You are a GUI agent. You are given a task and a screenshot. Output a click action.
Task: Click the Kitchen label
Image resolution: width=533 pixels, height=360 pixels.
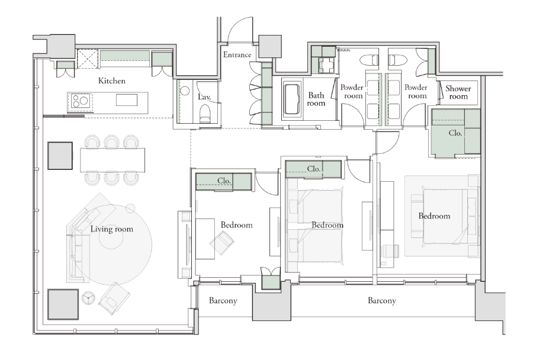pyautogui.click(x=112, y=81)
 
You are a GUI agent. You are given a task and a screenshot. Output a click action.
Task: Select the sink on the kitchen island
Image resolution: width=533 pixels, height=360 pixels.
pyautogui.click(x=127, y=100)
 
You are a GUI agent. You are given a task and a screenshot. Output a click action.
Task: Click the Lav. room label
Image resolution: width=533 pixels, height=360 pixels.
pyautogui.click(x=204, y=97)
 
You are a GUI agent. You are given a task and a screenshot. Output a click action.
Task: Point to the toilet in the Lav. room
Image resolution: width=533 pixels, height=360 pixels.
pyautogui.click(x=206, y=114)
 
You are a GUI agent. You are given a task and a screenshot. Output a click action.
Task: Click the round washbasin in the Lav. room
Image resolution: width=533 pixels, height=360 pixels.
pyautogui.click(x=185, y=91)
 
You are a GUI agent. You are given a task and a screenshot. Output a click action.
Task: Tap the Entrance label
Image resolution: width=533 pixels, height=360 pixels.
pyautogui.click(x=237, y=54)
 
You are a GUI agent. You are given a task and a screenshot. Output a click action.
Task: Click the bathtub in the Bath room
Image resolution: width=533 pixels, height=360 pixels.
pyautogui.click(x=291, y=99)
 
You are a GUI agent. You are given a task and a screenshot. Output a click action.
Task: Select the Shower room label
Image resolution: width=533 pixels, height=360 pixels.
pyautogui.click(x=458, y=92)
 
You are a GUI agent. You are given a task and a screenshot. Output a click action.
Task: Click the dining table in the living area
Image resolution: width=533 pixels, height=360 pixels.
pyautogui.click(x=113, y=160)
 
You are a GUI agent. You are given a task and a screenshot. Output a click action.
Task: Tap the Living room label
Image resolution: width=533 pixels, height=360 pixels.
pyautogui.click(x=112, y=229)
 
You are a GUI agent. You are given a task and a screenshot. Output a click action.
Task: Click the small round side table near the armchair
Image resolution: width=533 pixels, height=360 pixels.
pyautogui.click(x=89, y=298)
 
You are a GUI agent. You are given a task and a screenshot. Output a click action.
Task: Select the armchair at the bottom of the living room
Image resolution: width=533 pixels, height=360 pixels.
pyautogui.click(x=114, y=300)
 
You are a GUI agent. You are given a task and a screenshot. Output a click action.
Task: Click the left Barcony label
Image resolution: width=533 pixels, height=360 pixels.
pyautogui.click(x=223, y=301)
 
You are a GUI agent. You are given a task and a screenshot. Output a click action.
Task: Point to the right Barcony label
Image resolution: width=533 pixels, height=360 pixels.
pyautogui.click(x=382, y=301)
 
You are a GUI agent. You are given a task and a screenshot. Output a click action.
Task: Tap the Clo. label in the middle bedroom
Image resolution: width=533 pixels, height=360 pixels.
pyautogui.click(x=313, y=169)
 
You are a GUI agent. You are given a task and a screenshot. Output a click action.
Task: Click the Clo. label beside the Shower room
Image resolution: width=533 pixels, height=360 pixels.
pyautogui.click(x=455, y=133)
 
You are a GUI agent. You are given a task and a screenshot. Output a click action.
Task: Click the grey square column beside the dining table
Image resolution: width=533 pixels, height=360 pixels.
pyautogui.click(x=60, y=156)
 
